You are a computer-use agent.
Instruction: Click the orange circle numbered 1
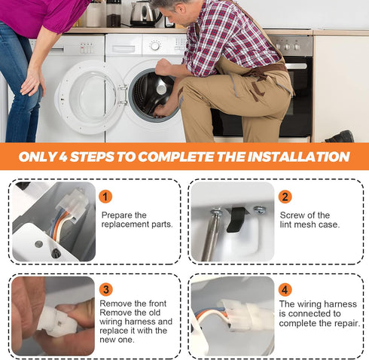click(105, 197)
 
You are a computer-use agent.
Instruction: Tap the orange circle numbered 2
click(285, 197)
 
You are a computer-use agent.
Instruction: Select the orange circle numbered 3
click(106, 289)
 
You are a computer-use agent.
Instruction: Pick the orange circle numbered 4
click(285, 290)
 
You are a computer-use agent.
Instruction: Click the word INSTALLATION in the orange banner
click(298, 157)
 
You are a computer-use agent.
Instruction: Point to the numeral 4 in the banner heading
click(63, 157)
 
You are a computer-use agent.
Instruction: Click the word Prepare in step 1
click(117, 215)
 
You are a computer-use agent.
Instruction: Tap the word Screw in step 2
click(292, 215)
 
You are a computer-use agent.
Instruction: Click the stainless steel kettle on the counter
click(143, 14)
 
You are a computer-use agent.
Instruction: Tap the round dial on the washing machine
click(155, 46)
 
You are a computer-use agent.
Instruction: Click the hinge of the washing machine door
click(123, 95)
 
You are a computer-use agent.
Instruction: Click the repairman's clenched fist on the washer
click(163, 66)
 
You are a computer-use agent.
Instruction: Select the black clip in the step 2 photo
click(236, 219)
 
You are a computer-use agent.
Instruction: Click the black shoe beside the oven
click(340, 137)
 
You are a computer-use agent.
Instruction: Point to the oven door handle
click(296, 66)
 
